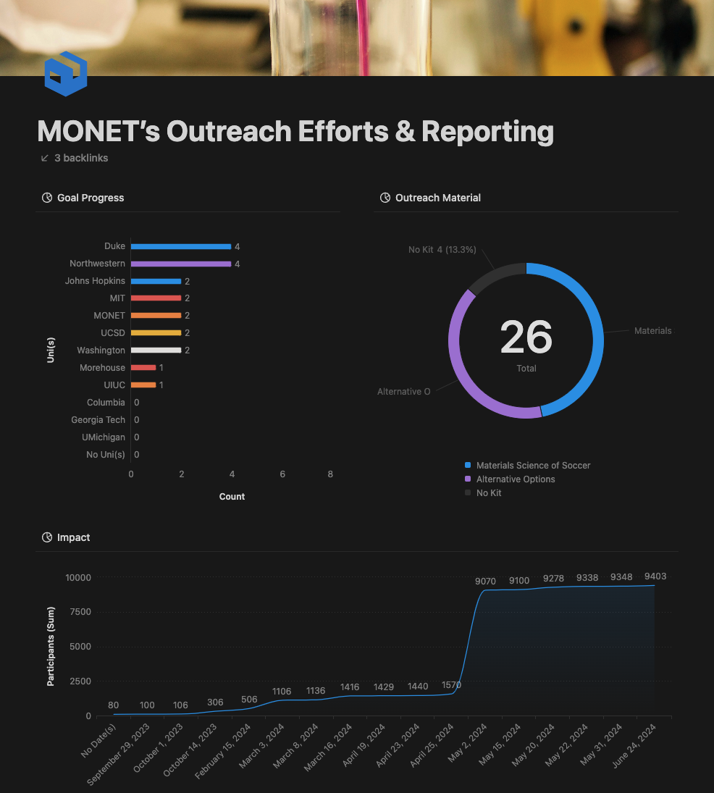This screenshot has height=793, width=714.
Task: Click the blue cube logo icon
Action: coord(65,73)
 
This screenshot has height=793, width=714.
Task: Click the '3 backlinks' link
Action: coord(80,158)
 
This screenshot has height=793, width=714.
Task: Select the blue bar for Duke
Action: coord(180,246)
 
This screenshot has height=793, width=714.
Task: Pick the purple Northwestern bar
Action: coord(180,264)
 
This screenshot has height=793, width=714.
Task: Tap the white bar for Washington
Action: coord(156,351)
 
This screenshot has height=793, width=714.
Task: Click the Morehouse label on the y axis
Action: coord(102,368)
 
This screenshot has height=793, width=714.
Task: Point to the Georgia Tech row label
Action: coord(98,420)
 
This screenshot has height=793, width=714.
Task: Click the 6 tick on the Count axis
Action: coord(282,474)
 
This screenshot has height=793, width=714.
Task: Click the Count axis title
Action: coord(232,497)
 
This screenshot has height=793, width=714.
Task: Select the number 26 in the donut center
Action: coord(526,337)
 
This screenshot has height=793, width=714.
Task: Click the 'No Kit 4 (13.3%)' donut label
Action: coord(442,250)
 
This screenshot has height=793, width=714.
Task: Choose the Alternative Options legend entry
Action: coord(515,479)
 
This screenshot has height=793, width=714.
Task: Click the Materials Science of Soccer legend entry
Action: coord(533,466)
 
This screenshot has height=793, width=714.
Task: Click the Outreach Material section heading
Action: coord(437,198)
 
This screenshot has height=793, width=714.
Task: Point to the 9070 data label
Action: coord(485,581)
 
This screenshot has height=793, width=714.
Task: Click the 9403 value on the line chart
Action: coord(655,576)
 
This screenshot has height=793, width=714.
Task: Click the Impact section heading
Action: coord(73,537)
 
